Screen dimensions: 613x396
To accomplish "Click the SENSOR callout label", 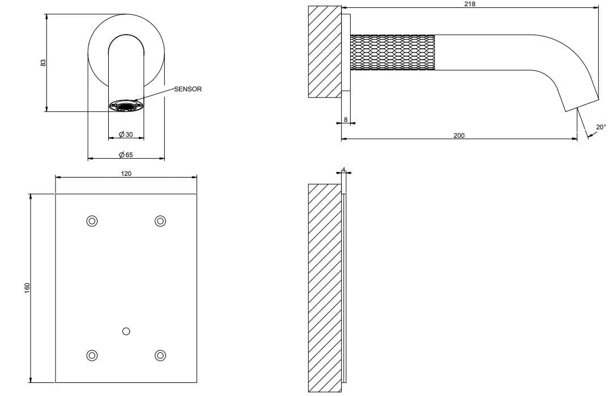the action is pyautogui.click(x=188, y=89).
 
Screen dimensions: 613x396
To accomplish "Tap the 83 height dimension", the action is pyautogui.click(x=44, y=62).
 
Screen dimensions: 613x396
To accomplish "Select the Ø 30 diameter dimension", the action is pyautogui.click(x=126, y=134).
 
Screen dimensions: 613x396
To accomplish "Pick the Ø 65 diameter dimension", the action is pyautogui.click(x=126, y=154).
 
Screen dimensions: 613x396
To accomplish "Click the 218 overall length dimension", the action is pyautogui.click(x=470, y=4).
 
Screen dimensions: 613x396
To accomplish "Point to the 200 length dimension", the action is pyautogui.click(x=459, y=136).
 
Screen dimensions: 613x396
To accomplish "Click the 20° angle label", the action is pyautogui.click(x=601, y=127).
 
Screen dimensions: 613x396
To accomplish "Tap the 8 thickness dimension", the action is pyautogui.click(x=346, y=120).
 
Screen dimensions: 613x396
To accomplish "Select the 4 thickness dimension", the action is pyautogui.click(x=343, y=170).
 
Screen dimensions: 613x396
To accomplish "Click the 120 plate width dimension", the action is pyautogui.click(x=126, y=174).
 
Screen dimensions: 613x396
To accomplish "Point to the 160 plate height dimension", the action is pyautogui.click(x=27, y=288).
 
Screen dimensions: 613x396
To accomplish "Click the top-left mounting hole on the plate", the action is pyautogui.click(x=92, y=221).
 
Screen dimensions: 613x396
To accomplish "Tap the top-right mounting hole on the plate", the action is pyautogui.click(x=160, y=221).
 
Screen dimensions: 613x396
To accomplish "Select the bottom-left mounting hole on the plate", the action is pyautogui.click(x=92, y=355).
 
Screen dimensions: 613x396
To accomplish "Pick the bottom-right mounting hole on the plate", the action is pyautogui.click(x=160, y=355).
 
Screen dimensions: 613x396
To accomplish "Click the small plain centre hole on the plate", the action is pyautogui.click(x=126, y=331).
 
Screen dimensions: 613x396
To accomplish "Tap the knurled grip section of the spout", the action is pyautogui.click(x=393, y=52).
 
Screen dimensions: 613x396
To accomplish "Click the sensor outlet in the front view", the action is pyautogui.click(x=126, y=106).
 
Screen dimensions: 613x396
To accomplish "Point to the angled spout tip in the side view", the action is pyautogui.click(x=582, y=103).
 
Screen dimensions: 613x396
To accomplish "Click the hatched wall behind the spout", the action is pyautogui.click(x=325, y=52).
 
